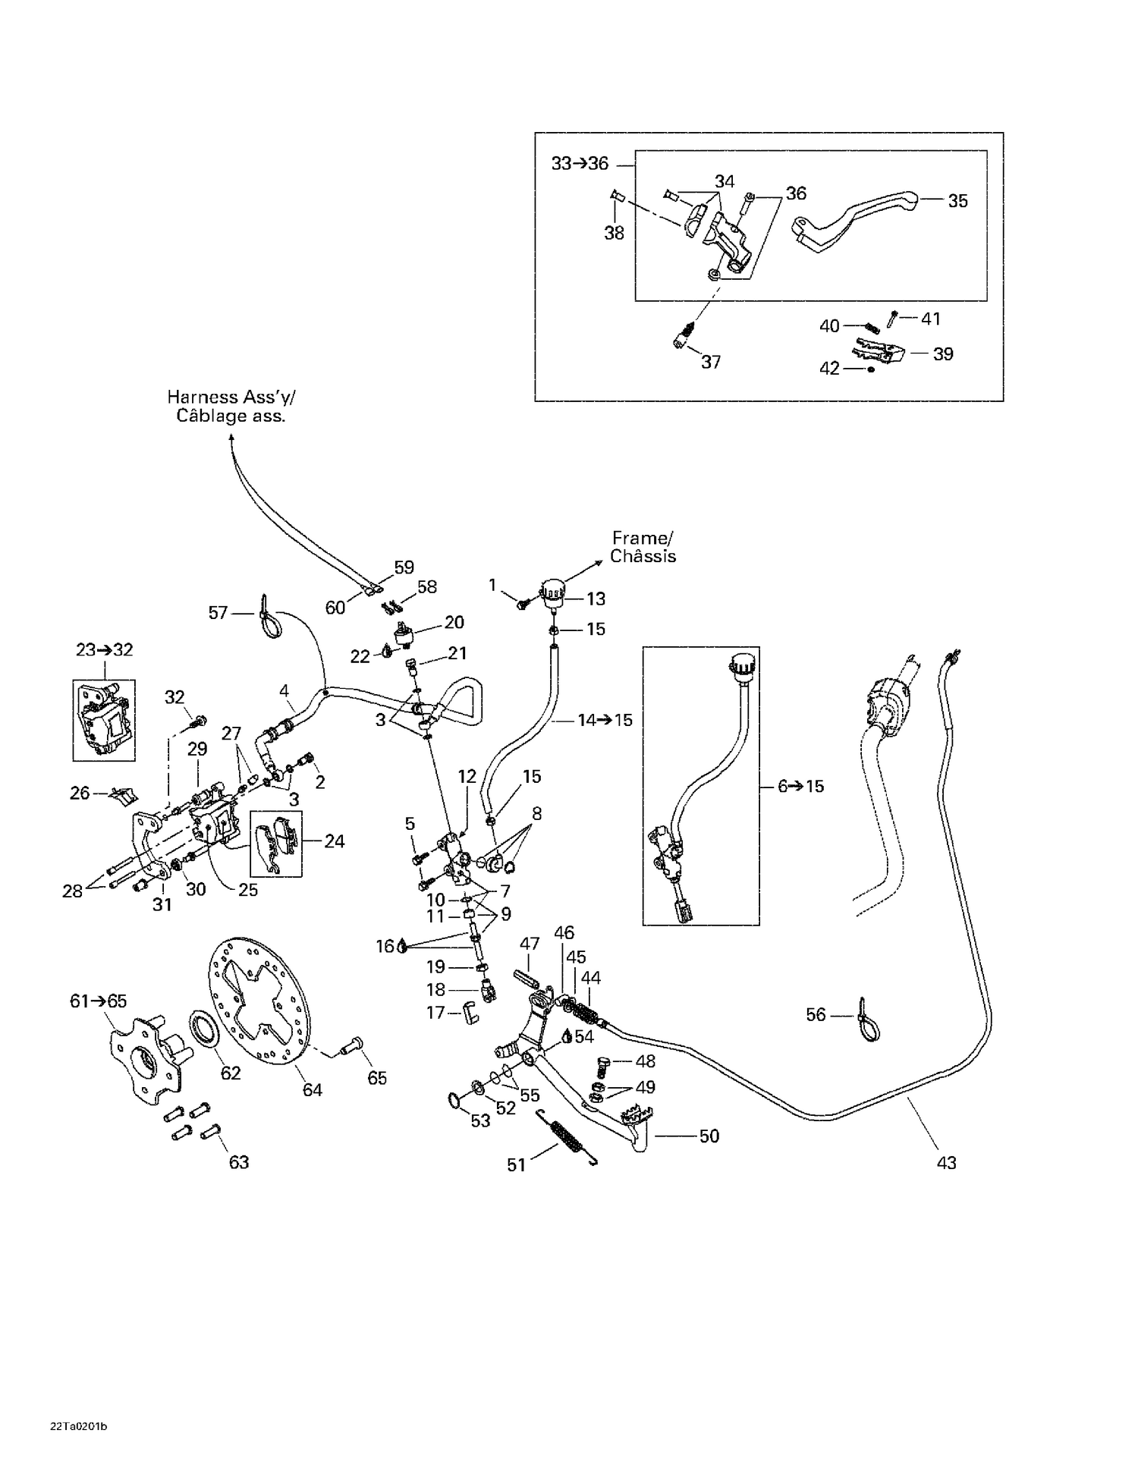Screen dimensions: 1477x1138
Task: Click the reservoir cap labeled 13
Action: pyautogui.click(x=552, y=589)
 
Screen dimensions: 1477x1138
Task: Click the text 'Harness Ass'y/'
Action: pyautogui.click(x=231, y=397)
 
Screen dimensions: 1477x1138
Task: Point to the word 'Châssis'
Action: pyautogui.click(x=643, y=556)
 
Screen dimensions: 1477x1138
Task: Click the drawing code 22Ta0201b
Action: pyautogui.click(x=78, y=1426)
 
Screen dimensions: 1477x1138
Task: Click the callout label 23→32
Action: pyautogui.click(x=104, y=650)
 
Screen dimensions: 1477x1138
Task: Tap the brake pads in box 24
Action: pyautogui.click(x=275, y=842)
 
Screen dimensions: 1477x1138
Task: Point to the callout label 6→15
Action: pyautogui.click(x=800, y=786)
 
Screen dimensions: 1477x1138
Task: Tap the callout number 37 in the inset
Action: pyautogui.click(x=710, y=362)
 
